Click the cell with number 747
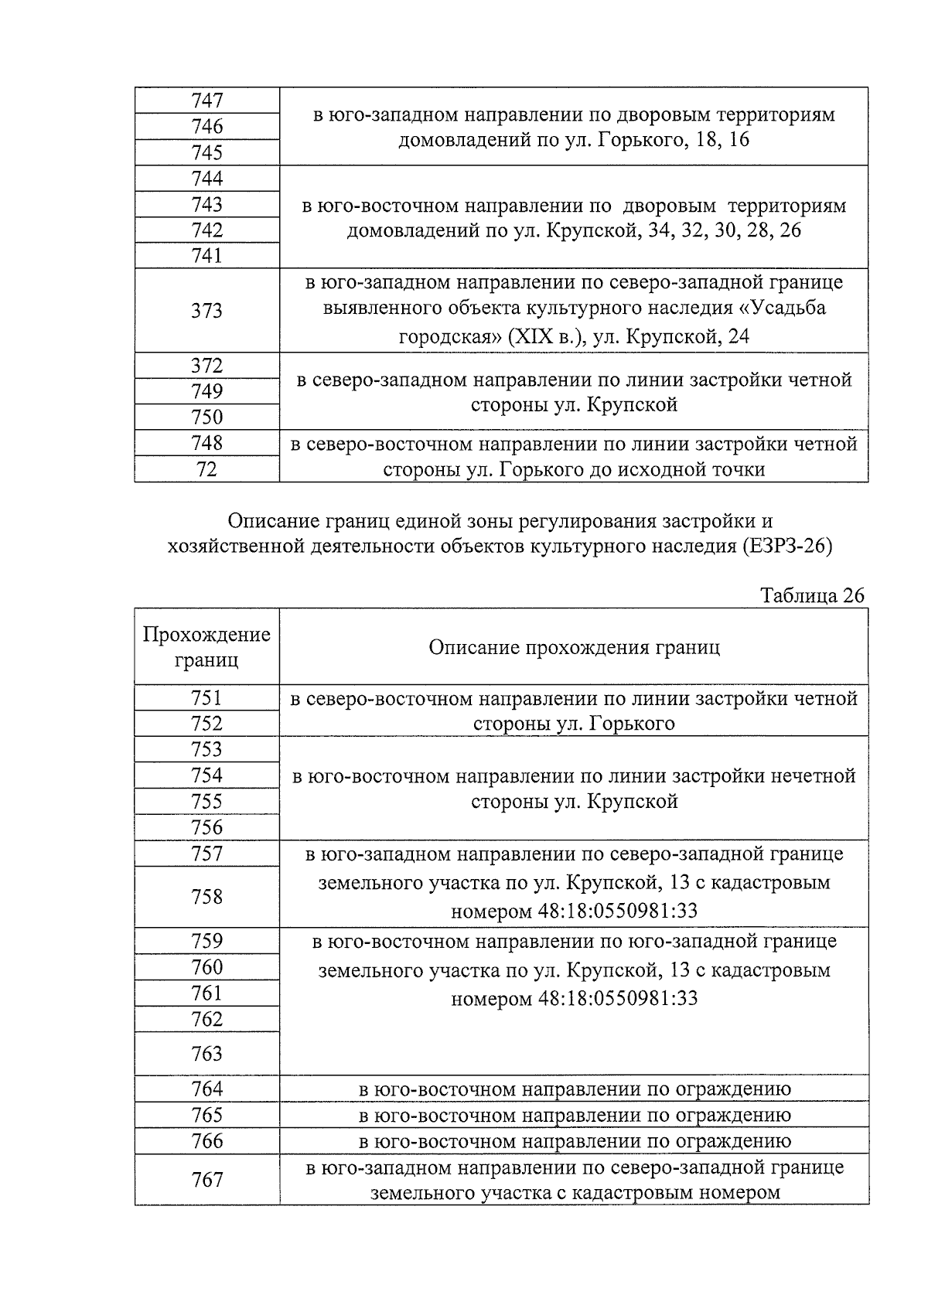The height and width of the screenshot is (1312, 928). tap(206, 101)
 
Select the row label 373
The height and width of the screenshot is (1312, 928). tap(206, 311)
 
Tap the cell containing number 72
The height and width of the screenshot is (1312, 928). tap(206, 469)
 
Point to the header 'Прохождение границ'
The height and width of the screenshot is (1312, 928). tap(206, 647)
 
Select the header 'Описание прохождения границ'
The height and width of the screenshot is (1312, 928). tap(574, 647)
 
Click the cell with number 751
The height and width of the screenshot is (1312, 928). tap(206, 698)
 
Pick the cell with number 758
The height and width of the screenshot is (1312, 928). tap(206, 897)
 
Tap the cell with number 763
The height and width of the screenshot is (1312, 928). tap(206, 1054)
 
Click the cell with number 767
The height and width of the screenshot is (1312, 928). tap(206, 1180)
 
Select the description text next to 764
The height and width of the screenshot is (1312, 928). tap(574, 1090)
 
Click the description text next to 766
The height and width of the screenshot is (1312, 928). tap(574, 1142)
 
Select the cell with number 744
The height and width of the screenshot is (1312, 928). tap(206, 179)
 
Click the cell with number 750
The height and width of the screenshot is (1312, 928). tap(206, 417)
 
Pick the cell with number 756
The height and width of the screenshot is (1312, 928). tap(206, 828)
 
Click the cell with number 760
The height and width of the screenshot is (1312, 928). tap(206, 967)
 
